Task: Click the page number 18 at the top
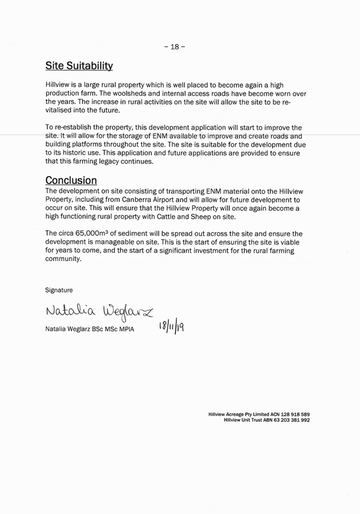[174, 47]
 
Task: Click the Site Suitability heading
[79, 66]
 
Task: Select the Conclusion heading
[71, 180]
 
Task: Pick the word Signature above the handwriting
[59, 289]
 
